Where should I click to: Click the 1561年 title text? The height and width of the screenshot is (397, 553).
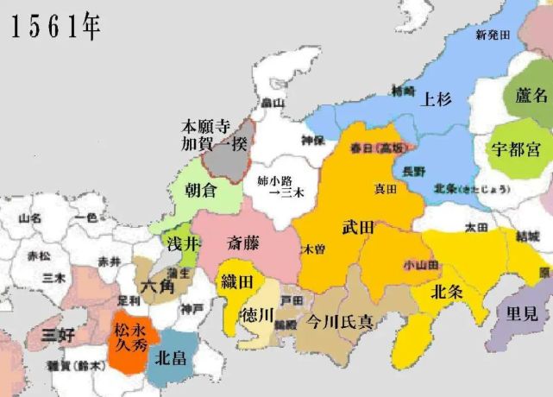55,27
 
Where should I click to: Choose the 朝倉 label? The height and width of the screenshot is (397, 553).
202,192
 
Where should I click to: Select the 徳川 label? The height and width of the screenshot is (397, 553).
256,312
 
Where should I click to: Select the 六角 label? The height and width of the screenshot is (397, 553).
159,283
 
